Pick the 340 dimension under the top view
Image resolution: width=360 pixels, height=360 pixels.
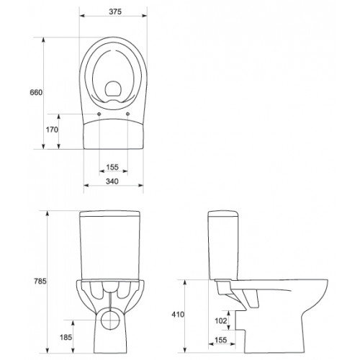click(112, 182)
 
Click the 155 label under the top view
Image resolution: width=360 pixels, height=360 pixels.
click(112, 167)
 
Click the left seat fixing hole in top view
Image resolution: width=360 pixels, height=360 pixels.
click(98, 114)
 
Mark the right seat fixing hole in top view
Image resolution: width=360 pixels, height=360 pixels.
click(127, 114)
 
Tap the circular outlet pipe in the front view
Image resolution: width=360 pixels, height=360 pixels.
click(113, 319)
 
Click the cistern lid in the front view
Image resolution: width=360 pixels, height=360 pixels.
click(113, 215)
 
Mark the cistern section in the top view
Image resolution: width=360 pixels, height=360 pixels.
click(113, 133)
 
